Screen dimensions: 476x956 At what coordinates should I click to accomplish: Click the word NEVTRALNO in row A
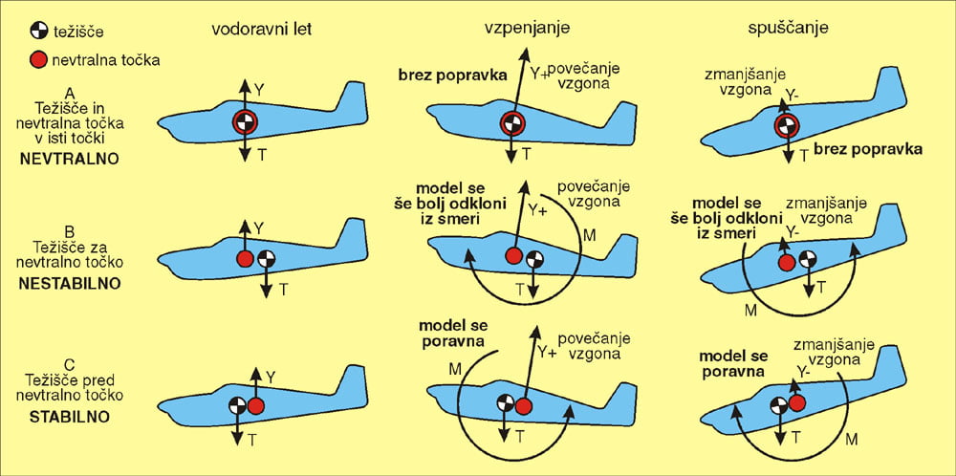point(69,159)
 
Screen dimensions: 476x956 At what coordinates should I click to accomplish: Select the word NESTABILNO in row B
point(69,284)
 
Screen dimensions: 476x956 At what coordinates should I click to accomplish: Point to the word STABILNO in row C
point(69,416)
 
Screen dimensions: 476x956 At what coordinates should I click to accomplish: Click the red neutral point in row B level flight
point(245,259)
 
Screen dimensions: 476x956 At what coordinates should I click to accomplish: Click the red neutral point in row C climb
point(523,406)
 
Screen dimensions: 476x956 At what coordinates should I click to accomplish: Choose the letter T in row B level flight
point(283,289)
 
